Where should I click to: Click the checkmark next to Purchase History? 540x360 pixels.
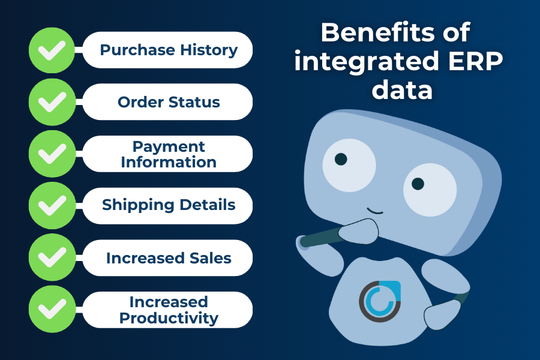pyautogui.click(x=52, y=50)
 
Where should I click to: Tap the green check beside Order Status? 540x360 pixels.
pyautogui.click(x=52, y=102)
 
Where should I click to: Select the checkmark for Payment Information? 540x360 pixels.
pyautogui.click(x=52, y=154)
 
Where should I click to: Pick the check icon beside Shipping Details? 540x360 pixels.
pyautogui.click(x=52, y=205)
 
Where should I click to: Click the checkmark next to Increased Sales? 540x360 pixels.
pyautogui.click(x=52, y=257)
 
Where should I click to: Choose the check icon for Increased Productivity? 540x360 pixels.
pyautogui.click(x=52, y=309)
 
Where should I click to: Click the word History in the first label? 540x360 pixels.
pyautogui.click(x=209, y=50)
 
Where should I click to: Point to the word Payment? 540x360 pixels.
pyautogui.click(x=169, y=147)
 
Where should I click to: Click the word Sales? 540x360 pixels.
pyautogui.click(x=211, y=257)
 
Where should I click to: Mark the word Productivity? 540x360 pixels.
pyautogui.click(x=169, y=318)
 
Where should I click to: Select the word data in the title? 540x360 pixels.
pyautogui.click(x=402, y=89)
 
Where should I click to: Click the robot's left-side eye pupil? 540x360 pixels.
pyautogui.click(x=341, y=159)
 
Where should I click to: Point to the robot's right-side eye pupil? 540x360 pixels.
pyautogui.click(x=418, y=184)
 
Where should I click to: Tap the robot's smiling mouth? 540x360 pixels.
pyautogui.click(x=374, y=211)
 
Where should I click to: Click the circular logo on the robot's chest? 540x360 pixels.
pyautogui.click(x=380, y=301)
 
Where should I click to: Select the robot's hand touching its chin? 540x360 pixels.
pyautogui.click(x=359, y=231)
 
